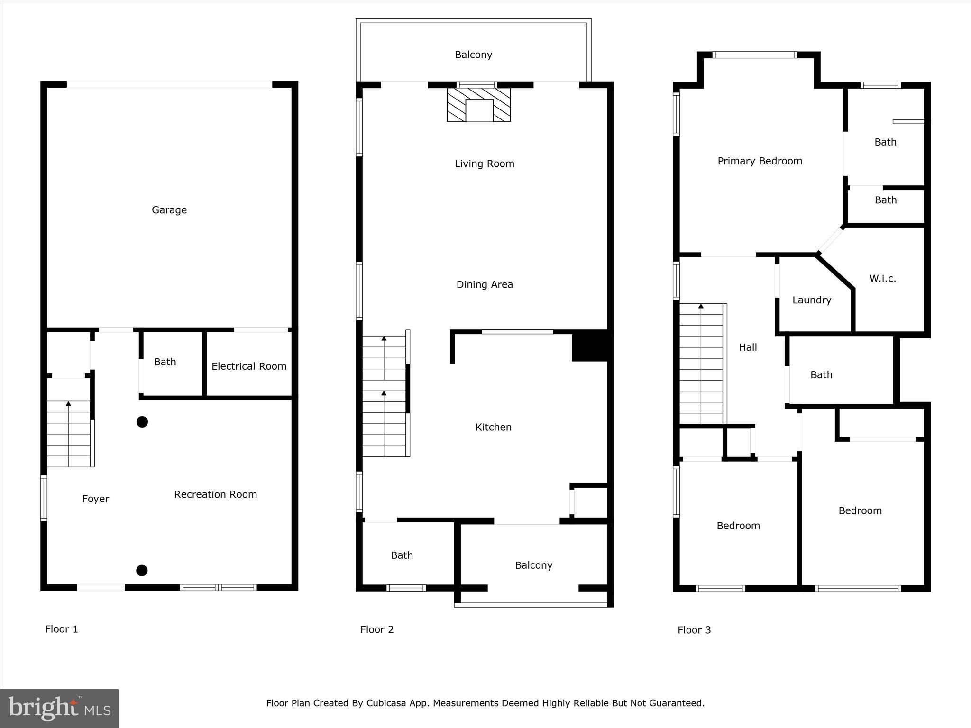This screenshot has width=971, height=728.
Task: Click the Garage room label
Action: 169,210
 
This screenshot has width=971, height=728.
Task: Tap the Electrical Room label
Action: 249,366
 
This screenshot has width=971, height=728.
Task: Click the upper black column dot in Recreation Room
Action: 142,422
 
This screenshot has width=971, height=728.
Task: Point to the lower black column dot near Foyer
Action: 142,571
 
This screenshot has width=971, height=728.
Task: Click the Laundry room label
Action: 812,300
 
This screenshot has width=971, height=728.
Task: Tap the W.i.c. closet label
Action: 882,279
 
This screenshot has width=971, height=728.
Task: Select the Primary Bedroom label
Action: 760,161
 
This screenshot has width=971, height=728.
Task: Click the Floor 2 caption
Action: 377,629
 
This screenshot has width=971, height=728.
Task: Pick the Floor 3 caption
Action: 694,630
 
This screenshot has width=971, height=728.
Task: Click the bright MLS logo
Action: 59,709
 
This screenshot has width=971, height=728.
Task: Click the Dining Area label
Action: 485,284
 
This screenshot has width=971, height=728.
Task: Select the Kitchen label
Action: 493,427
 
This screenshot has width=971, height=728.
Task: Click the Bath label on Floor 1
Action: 165,362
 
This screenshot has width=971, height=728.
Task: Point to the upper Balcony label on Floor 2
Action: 473,55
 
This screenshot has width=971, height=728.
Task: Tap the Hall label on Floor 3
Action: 748,347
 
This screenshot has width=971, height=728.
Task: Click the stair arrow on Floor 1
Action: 68,404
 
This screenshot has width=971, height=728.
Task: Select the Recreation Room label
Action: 215,494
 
